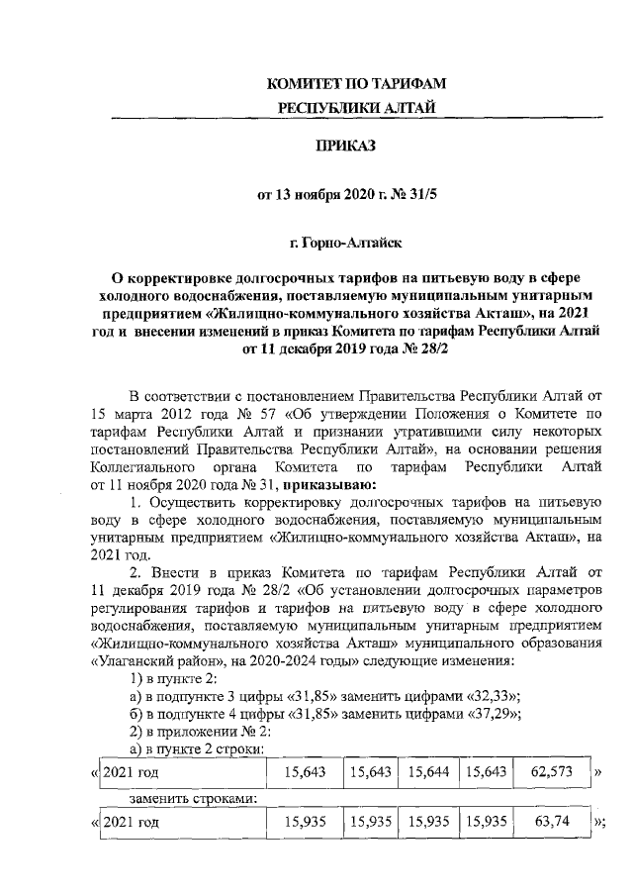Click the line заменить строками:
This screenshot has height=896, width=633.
[x=185, y=796]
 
